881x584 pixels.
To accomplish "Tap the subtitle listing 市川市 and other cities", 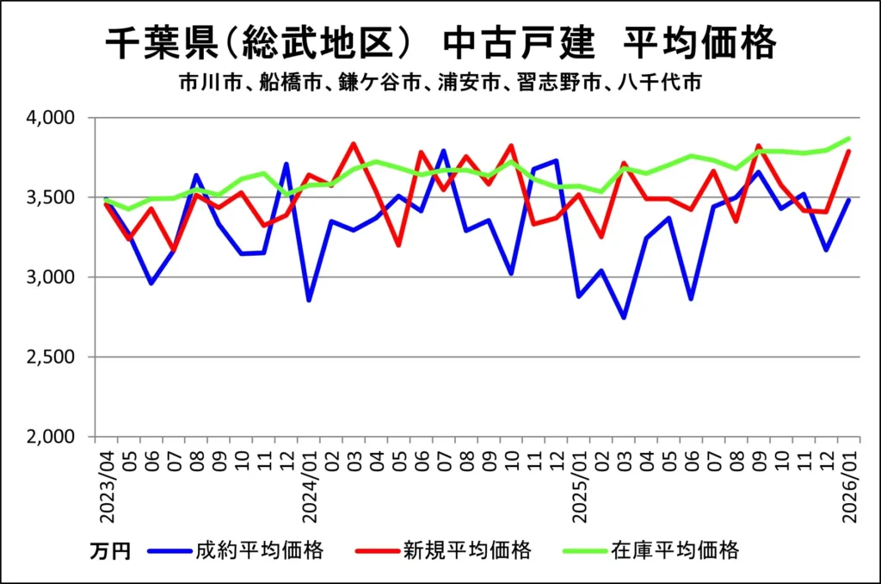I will point(440,84).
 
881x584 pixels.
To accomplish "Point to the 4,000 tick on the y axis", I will point(53,117).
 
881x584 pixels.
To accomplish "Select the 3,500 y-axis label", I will point(53,197).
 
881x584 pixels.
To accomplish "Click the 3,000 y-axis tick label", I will point(53,277).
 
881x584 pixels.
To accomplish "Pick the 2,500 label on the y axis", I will point(53,357).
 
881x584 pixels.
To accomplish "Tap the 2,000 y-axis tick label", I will point(53,438).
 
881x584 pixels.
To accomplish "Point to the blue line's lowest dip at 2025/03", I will point(624,318).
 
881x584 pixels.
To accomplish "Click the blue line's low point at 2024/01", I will point(309,300).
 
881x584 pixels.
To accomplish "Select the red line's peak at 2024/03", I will point(354,144).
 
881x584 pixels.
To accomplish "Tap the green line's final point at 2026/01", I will point(848,138).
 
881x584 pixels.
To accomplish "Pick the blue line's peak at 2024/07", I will point(444,151).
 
